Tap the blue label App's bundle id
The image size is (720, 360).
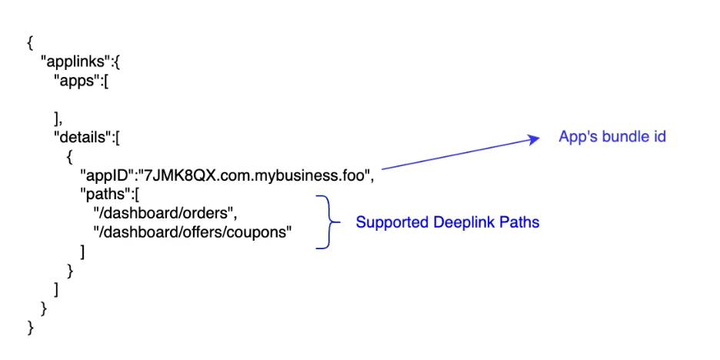coord(612,137)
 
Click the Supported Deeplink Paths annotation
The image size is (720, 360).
coord(447,223)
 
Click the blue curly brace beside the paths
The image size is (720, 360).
coord(327,222)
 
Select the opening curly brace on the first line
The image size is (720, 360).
coord(29,43)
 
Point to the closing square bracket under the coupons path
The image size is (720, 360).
coord(82,251)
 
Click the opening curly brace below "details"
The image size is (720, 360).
coord(70,156)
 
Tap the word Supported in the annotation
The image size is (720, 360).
coord(388,223)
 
